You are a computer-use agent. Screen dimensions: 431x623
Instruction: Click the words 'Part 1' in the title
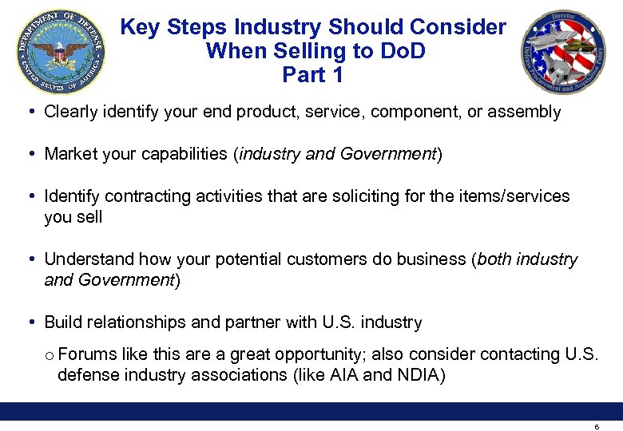(312, 75)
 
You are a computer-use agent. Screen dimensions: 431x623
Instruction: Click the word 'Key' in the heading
(140, 27)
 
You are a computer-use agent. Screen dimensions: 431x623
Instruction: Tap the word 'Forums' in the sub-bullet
(84, 354)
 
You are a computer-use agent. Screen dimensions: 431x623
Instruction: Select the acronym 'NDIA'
(419, 374)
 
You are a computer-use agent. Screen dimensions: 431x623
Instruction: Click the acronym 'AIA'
(343, 374)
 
